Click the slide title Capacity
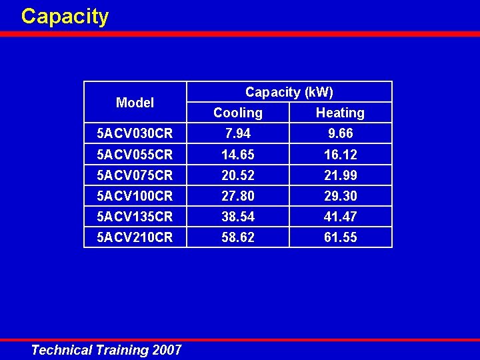pyautogui.click(x=65, y=16)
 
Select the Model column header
pyautogui.click(x=135, y=103)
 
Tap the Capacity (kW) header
pyautogui.click(x=289, y=92)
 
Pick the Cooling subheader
pyautogui.click(x=238, y=113)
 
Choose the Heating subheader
pyautogui.click(x=340, y=113)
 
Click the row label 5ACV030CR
pyautogui.click(x=135, y=133)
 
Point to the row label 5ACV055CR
pyautogui.click(x=135, y=155)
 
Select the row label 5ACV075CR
pyautogui.click(x=135, y=175)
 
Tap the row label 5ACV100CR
pyautogui.click(x=135, y=196)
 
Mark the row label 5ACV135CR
pyautogui.click(x=135, y=217)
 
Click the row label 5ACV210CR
pyautogui.click(x=135, y=237)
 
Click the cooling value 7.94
pyautogui.click(x=238, y=133)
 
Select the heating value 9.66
pyautogui.click(x=341, y=133)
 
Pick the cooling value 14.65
pyautogui.click(x=238, y=155)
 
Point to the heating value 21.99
pyautogui.click(x=341, y=175)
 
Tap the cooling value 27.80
pyautogui.click(x=238, y=196)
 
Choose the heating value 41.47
pyautogui.click(x=341, y=217)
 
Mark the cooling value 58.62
pyautogui.click(x=238, y=237)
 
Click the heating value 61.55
pyautogui.click(x=341, y=237)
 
